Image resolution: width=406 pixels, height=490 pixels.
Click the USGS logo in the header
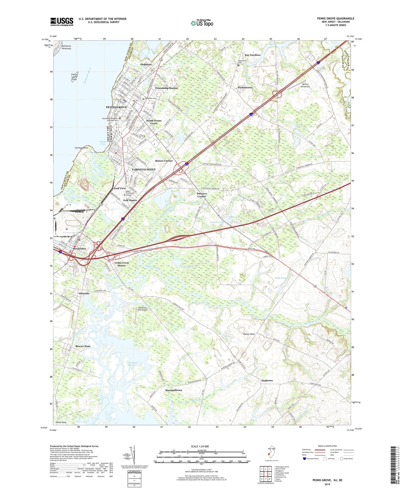point(62,22)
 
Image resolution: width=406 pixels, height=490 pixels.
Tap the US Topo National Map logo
point(201,23)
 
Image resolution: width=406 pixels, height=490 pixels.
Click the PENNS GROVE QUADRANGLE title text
point(335,19)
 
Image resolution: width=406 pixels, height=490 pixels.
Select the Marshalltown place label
point(173,390)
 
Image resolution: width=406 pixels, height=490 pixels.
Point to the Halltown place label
point(267,380)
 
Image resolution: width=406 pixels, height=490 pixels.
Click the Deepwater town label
point(80,249)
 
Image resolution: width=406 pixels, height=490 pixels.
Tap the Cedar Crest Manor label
point(122,264)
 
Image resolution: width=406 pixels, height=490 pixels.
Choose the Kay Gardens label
point(252,55)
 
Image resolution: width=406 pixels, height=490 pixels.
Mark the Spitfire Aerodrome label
point(305,85)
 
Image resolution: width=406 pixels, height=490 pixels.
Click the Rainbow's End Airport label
point(143,309)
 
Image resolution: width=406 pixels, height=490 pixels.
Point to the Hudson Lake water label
point(187,267)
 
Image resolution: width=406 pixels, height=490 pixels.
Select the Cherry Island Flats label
point(74,77)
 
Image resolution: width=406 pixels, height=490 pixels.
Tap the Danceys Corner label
point(201,195)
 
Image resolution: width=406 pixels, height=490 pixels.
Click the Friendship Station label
point(166,88)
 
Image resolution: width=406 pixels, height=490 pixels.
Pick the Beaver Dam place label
point(83,346)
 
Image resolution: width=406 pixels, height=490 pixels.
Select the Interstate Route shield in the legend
point(305,459)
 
